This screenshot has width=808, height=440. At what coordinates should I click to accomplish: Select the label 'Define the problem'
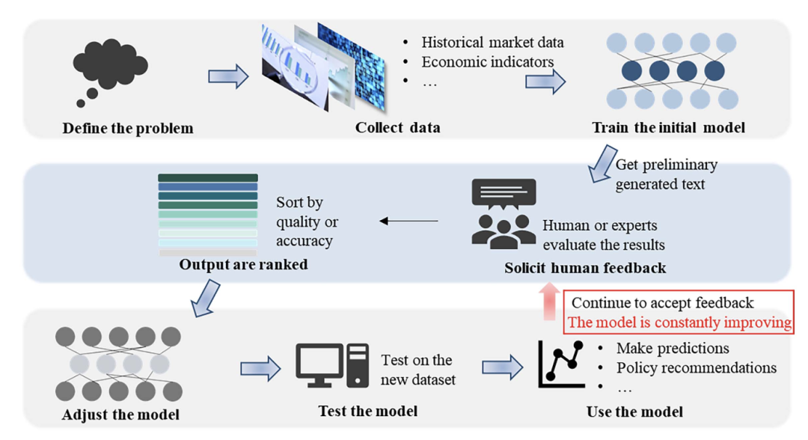[128, 128]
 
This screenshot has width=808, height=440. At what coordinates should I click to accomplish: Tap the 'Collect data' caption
[397, 127]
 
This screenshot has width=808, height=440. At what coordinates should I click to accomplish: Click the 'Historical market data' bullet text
[492, 42]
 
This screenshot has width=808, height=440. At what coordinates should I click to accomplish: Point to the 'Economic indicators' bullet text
[487, 61]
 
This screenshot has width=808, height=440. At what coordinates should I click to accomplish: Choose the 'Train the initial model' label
[668, 127]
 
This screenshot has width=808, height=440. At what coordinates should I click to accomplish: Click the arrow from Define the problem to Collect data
[227, 76]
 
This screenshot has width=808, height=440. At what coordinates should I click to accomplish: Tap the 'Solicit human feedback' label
[585, 267]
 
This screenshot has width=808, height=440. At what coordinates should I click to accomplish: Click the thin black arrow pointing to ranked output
[408, 221]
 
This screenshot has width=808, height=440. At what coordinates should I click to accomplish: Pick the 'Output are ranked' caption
[243, 264]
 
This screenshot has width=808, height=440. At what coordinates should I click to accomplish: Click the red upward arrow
[550, 299]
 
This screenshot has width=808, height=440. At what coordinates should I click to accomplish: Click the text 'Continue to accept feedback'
[662, 303]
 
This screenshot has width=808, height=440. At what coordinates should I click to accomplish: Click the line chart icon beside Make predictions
[561, 364]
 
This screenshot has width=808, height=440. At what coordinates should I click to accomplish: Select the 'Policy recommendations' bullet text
[696, 367]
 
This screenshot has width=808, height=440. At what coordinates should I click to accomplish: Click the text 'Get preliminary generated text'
[666, 174]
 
